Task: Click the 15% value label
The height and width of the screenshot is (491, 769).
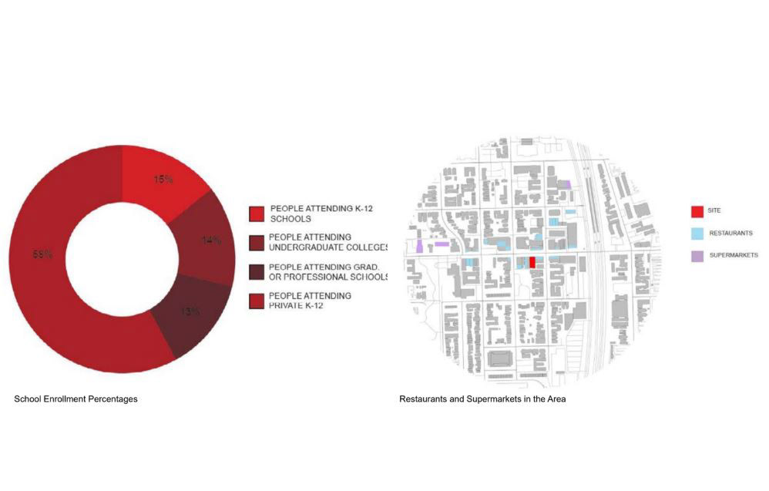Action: point(163,179)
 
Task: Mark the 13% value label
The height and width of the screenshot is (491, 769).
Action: point(190,311)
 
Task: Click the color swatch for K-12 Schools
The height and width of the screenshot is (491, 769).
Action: point(257,213)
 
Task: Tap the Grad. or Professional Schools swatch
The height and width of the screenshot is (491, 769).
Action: point(257,272)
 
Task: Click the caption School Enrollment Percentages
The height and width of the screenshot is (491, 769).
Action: point(76,399)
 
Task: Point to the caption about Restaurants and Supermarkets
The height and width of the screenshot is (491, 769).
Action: point(482,399)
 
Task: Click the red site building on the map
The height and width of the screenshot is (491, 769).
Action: point(532,261)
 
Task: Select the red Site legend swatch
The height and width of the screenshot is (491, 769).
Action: point(697,210)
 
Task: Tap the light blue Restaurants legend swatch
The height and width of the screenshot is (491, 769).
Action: point(697,232)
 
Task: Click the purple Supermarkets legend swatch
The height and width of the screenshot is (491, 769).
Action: point(697,254)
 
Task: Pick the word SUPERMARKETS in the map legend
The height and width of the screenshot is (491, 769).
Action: point(733,254)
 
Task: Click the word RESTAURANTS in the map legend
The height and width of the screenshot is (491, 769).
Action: point(730,232)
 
